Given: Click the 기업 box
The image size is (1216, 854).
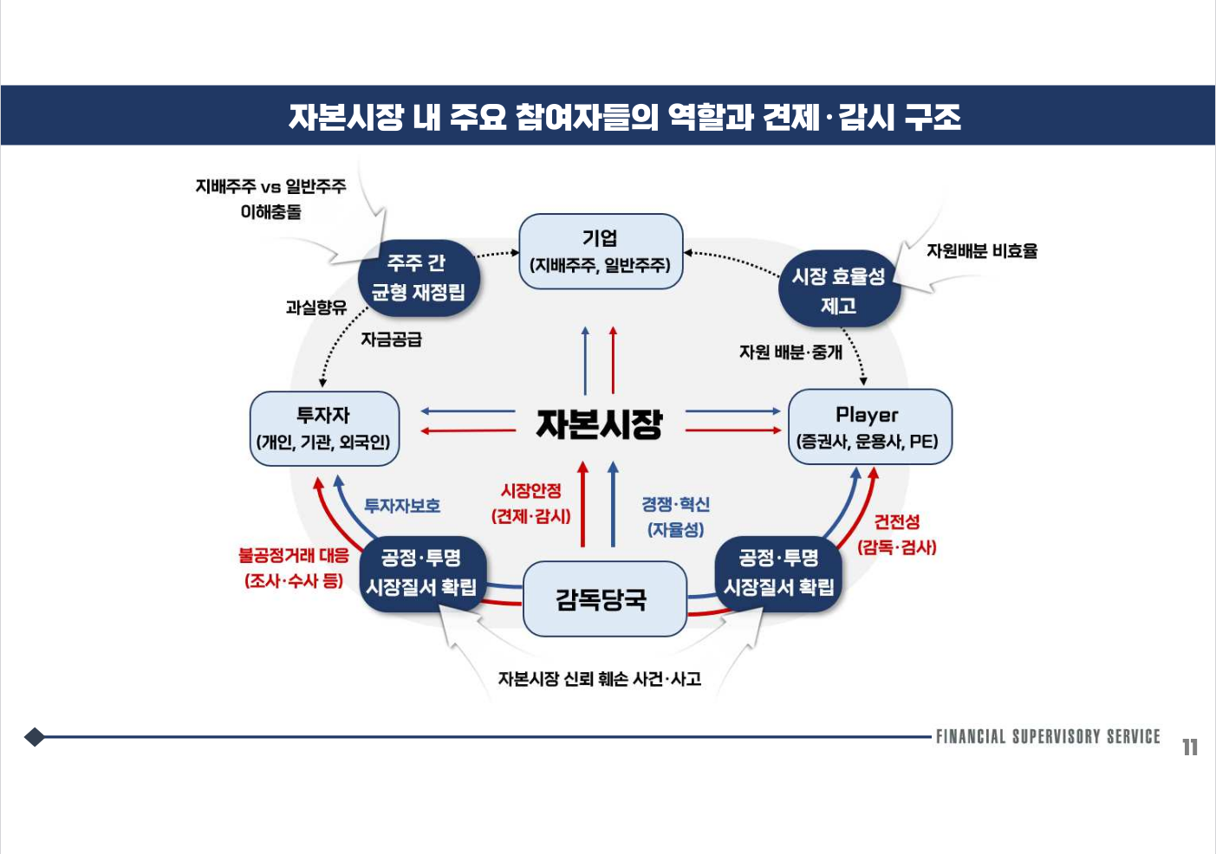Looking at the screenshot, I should point(600,251).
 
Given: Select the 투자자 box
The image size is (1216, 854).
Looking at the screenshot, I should point(324,428).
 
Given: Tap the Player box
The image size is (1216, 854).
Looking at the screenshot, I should point(868,427).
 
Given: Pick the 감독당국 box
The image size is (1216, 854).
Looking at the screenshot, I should point(604,598).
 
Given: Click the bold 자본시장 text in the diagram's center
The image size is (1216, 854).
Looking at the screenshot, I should point(600,424).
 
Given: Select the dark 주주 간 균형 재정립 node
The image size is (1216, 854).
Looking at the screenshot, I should point(418,278).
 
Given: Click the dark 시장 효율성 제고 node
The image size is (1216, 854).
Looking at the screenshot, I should point(838,290).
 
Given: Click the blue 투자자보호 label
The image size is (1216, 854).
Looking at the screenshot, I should point(401,506).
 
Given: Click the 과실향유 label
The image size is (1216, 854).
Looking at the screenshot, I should point(315,307).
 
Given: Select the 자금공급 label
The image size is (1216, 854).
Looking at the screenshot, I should point(391,340).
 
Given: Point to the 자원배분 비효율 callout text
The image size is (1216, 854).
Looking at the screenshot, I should point(981,251).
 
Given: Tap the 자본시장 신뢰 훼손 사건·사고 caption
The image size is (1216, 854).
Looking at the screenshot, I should point(599,679).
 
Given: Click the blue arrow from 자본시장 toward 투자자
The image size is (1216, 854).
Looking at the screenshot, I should point(468,411).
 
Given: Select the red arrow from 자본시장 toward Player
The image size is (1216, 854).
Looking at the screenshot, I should point(733,430).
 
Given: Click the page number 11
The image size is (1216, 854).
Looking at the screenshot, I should point(1189,747).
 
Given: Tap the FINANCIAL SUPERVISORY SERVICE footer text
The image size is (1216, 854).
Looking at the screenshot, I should point(1047,737).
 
